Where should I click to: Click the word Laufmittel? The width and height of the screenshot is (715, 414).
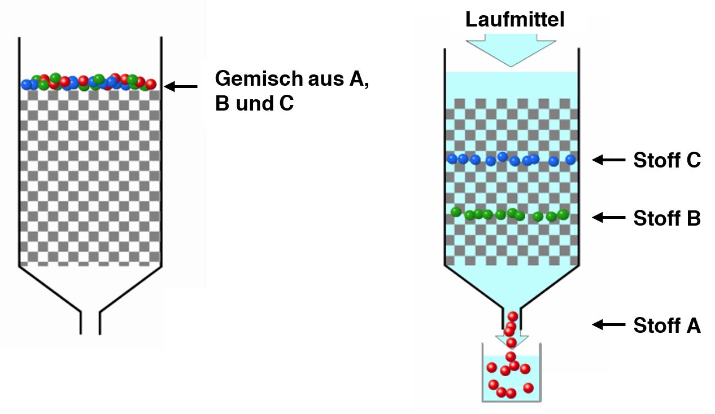[x=515, y=19]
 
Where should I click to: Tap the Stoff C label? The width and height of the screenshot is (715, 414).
[x=667, y=160]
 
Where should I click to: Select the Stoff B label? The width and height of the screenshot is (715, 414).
[x=667, y=218]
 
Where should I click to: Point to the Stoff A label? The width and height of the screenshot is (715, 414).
[x=667, y=325]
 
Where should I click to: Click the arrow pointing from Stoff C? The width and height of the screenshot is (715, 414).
[x=608, y=160]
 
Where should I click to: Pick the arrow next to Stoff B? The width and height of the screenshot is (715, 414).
[x=608, y=218]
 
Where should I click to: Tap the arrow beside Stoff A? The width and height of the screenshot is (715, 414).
[x=608, y=325]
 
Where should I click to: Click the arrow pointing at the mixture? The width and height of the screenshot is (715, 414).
[x=181, y=86]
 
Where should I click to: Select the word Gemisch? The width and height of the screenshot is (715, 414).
[x=259, y=78]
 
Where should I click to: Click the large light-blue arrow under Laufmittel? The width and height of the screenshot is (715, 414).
[x=511, y=50]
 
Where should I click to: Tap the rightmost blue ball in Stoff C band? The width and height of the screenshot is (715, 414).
[x=570, y=160]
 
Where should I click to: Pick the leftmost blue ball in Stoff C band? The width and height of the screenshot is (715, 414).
[x=452, y=158]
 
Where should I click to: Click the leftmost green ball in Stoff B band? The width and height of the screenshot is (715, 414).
[x=456, y=212]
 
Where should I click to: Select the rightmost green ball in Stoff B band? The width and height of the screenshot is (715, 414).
[x=563, y=214]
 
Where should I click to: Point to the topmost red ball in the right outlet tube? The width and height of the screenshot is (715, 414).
[x=513, y=316]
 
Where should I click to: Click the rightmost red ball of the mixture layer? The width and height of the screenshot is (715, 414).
[x=151, y=84]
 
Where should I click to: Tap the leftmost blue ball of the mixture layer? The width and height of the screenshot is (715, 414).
[x=26, y=85]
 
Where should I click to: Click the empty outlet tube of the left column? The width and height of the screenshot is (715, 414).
[x=90, y=323]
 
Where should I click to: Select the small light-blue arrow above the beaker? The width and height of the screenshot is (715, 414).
[x=512, y=341]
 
